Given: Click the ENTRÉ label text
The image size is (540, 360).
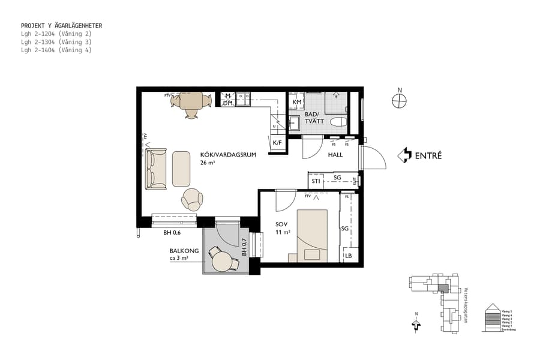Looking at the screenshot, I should (x=428, y=155).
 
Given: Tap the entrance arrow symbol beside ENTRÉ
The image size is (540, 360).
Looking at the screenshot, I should (x=405, y=155).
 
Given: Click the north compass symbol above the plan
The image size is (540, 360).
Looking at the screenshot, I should (x=400, y=101).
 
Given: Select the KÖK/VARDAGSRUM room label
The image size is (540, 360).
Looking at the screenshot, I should (x=228, y=155).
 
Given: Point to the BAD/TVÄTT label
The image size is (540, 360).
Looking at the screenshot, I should (x=314, y=118).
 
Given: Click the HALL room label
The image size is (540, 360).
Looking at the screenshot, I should (x=335, y=155).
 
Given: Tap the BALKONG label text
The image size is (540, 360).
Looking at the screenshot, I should (x=183, y=253).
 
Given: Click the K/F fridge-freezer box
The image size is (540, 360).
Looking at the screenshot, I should (x=277, y=143).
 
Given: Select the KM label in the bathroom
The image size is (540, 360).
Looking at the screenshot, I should (x=296, y=103).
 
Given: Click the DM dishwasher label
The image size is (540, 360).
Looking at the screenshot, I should (x=227, y=103).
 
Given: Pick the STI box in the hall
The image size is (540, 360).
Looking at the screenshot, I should (x=316, y=179).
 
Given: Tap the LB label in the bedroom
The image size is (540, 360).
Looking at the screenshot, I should (x=348, y=256).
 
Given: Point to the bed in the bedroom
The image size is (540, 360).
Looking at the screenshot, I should (x=313, y=235).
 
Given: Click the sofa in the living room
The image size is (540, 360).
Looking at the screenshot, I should (x=156, y=169).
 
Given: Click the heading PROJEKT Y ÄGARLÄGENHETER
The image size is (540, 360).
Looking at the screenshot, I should (x=61, y=26).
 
